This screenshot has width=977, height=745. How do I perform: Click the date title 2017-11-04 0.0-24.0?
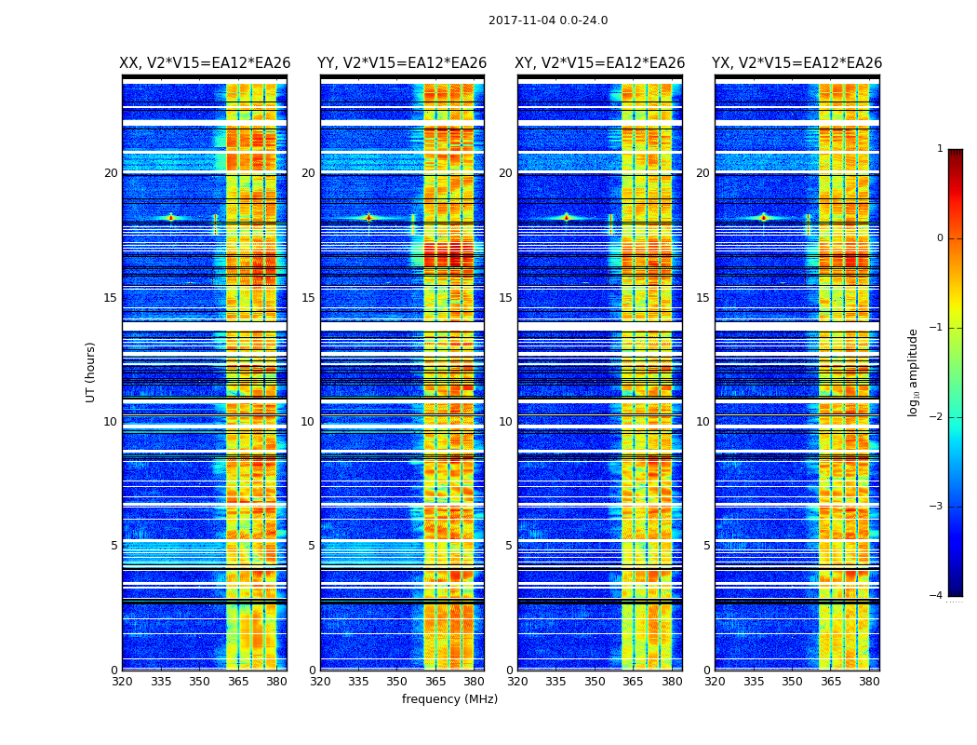tap(548, 20)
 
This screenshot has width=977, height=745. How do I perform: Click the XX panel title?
tap(205, 63)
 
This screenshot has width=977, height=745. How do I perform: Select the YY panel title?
tap(402, 63)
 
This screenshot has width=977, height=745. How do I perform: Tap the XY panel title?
tap(600, 63)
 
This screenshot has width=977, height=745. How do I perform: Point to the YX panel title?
tap(797, 63)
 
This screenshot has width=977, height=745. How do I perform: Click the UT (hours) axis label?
tap(90, 372)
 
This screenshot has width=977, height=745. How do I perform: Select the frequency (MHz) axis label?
tap(449, 699)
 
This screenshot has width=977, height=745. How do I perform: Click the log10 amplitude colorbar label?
tap(914, 372)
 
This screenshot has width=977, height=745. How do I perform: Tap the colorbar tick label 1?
tap(940, 149)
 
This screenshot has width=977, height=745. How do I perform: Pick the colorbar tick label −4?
tap(937, 596)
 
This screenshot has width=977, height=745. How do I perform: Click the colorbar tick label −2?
tap(937, 417)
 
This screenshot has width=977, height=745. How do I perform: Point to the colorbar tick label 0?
tap(940, 238)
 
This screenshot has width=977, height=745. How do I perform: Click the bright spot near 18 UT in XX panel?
tap(171, 217)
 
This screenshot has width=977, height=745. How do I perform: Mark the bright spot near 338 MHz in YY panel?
tap(368, 217)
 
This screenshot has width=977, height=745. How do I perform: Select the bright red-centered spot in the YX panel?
tap(764, 217)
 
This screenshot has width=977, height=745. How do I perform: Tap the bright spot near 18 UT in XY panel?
tap(566, 217)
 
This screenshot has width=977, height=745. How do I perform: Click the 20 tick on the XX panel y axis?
tap(111, 173)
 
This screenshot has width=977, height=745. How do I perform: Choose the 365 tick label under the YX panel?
tap(831, 681)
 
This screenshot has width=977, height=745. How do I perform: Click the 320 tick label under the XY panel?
tap(517, 681)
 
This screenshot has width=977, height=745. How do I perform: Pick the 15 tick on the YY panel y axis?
tap(308, 298)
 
